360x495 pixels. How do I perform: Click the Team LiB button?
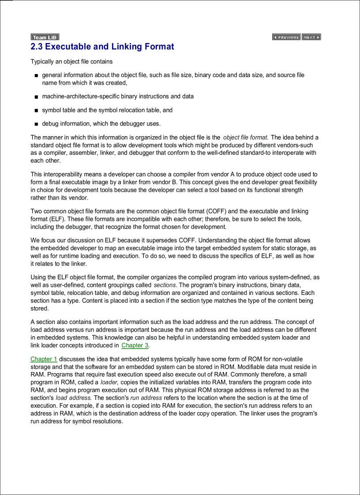(45, 37)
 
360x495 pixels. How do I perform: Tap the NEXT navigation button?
(311, 37)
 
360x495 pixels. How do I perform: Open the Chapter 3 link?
(135, 346)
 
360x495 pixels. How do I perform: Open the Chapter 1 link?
(44, 359)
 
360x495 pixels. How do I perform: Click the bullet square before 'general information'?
(36, 76)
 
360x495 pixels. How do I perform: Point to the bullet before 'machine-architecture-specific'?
(36, 97)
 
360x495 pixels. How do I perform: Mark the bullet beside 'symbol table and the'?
(36, 110)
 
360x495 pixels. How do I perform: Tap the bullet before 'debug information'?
(36, 124)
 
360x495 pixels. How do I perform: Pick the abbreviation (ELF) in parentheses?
(61, 219)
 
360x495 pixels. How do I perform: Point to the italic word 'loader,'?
(109, 383)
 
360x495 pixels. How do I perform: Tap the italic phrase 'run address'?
(146, 398)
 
